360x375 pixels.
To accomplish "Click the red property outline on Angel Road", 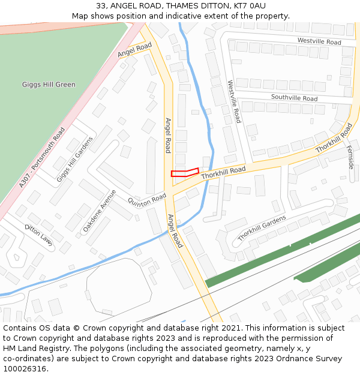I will pyautogui.click(x=184, y=173).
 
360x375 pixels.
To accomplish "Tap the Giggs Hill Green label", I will pyautogui.click(x=49, y=85).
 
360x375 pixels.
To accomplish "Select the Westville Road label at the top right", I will pyautogui.click(x=319, y=42).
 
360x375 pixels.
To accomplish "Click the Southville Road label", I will pyautogui.click(x=294, y=98).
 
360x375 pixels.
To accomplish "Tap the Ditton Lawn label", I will pyautogui.click(x=38, y=235).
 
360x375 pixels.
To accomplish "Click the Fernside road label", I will pyautogui.click(x=350, y=158).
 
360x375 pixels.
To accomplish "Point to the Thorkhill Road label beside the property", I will pyautogui.click(x=223, y=173).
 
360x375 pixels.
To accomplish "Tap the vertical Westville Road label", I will pyautogui.click(x=233, y=102).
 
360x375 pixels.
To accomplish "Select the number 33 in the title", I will pyautogui.click(x=100, y=6).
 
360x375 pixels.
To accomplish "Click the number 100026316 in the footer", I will pyautogui.click(x=25, y=368).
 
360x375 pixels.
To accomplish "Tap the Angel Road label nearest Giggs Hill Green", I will pyautogui.click(x=134, y=50).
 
